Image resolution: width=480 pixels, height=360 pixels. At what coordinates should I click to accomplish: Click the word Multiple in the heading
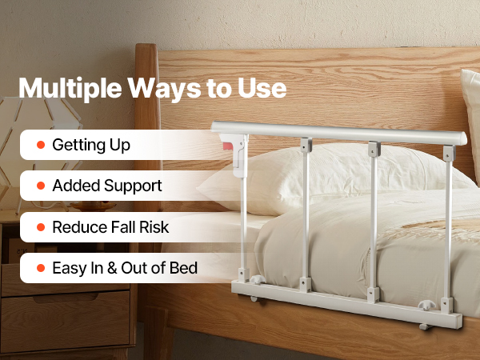pyautogui.click(x=70, y=88)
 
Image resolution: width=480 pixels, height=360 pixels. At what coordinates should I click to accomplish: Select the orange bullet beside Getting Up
pyautogui.click(x=41, y=145)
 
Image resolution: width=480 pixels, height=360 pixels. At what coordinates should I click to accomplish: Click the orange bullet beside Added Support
pyautogui.click(x=41, y=186)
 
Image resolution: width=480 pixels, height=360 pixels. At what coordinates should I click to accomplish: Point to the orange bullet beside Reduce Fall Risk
pyautogui.click(x=41, y=227)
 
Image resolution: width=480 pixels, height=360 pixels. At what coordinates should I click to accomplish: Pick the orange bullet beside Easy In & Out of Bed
pyautogui.click(x=41, y=268)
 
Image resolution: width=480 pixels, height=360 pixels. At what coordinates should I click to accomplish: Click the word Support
pyautogui.click(x=133, y=186)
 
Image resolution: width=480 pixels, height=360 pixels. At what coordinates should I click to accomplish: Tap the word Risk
pyautogui.click(x=154, y=227)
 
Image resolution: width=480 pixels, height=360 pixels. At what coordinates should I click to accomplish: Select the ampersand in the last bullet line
pyautogui.click(x=112, y=268)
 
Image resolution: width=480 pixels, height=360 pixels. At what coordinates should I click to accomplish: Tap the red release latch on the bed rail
pyautogui.click(x=228, y=146)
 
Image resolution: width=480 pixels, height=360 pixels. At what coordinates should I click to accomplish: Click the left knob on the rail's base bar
pyautogui.click(x=257, y=280)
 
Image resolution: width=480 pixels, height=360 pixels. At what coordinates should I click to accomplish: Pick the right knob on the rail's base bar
pyautogui.click(x=426, y=305)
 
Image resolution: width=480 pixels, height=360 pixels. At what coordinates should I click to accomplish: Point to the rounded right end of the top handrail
pyautogui.click(x=462, y=138)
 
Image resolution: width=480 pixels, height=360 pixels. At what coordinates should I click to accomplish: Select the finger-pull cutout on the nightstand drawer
pyautogui.click(x=66, y=298)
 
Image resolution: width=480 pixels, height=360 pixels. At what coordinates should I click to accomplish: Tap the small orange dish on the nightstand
pyautogui.click(x=93, y=206)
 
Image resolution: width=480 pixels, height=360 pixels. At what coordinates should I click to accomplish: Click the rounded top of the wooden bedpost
pyautogui.click(x=146, y=49)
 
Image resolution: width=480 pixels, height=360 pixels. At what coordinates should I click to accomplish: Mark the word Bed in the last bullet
pyautogui.click(x=183, y=268)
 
